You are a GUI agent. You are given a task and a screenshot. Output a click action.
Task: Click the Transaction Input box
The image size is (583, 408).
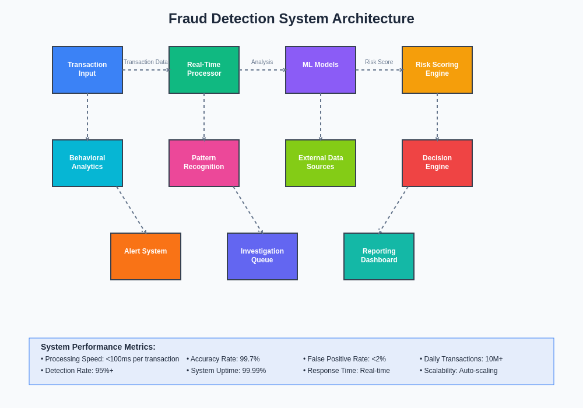pyautogui.click(x=87, y=70)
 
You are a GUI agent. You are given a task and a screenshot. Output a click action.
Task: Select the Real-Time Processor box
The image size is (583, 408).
pyautogui.click(x=204, y=70)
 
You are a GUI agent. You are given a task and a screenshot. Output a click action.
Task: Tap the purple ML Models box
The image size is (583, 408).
pyautogui.click(x=321, y=70)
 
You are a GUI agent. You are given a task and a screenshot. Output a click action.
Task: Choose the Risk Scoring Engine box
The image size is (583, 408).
pyautogui.click(x=437, y=70)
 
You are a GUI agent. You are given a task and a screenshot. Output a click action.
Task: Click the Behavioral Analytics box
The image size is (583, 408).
pyautogui.click(x=87, y=163)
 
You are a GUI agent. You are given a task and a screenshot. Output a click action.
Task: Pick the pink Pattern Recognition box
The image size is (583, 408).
pyautogui.click(x=204, y=163)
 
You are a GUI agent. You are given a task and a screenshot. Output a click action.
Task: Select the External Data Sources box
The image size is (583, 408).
pyautogui.click(x=321, y=163)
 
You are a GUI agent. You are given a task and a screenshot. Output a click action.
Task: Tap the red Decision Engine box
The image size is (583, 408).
pyautogui.click(x=437, y=163)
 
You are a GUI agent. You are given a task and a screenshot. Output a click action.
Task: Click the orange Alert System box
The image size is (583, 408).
pyautogui.click(x=146, y=256)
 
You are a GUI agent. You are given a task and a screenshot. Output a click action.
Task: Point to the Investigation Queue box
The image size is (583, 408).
pyautogui.click(x=262, y=256)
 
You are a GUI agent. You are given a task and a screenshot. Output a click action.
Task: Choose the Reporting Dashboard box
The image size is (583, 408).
pyautogui.click(x=379, y=256)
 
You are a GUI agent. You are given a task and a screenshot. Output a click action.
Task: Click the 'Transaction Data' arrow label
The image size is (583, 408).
pyautogui.click(x=145, y=62)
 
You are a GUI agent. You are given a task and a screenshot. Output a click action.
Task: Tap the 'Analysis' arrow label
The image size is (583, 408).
pyautogui.click(x=262, y=62)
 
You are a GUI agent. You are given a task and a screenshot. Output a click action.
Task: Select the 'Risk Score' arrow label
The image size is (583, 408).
pyautogui.click(x=379, y=62)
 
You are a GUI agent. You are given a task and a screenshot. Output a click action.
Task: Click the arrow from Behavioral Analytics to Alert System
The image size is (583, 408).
pyautogui.click(x=131, y=210)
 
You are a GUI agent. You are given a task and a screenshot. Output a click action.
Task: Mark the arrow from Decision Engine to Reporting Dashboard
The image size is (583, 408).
pyautogui.click(x=394, y=210)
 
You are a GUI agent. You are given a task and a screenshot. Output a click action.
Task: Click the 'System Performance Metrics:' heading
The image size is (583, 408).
pyautogui.click(x=98, y=347)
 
